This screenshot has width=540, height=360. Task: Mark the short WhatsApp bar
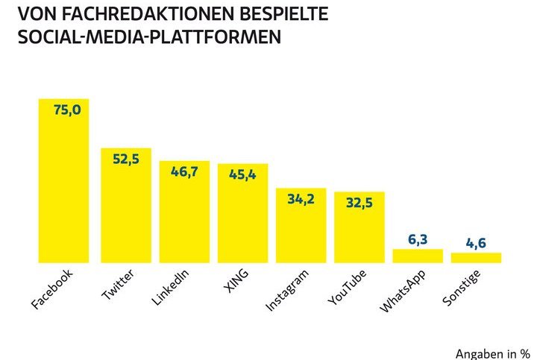point(418,256)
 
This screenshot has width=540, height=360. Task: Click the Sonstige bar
point(476,257)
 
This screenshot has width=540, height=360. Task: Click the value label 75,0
point(66,110)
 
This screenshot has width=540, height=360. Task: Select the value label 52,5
point(126,158)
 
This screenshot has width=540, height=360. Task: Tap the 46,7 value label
point(184,171)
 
